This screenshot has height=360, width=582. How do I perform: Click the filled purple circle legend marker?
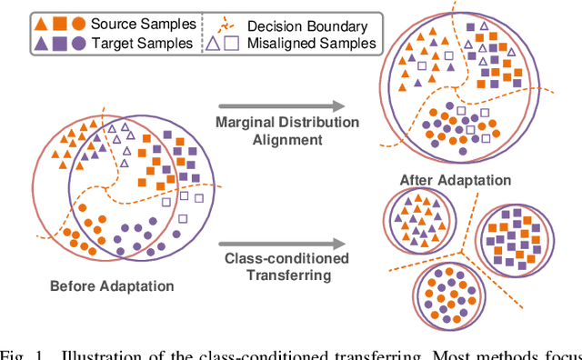click(x=78, y=42)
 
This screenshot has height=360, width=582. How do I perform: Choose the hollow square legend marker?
click(x=233, y=42)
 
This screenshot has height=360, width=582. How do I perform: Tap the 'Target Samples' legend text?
click(x=136, y=42)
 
